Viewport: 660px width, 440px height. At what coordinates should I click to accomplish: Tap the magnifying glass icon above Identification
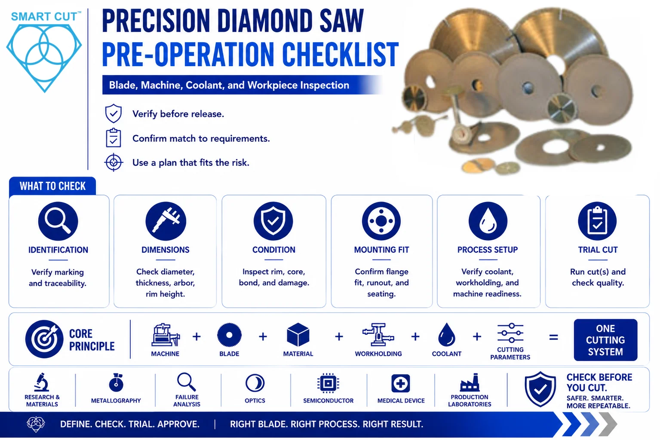click(x=58, y=221)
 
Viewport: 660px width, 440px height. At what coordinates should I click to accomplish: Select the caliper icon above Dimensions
click(x=166, y=221)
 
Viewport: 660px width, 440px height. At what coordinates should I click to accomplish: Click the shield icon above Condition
click(x=273, y=221)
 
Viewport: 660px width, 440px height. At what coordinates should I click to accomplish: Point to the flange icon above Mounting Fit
click(x=381, y=221)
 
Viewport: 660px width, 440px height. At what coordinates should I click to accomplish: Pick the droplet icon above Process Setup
click(x=488, y=221)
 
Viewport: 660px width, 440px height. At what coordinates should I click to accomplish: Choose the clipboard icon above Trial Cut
click(x=597, y=221)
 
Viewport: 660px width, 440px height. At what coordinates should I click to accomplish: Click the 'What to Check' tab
click(x=52, y=186)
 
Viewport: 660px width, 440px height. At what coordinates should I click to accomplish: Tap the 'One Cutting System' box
click(x=605, y=340)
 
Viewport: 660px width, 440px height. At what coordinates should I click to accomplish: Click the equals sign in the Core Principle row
click(x=554, y=337)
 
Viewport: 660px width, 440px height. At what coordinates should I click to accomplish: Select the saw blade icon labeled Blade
click(x=229, y=335)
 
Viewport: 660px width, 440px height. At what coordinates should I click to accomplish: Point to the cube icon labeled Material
click(x=298, y=335)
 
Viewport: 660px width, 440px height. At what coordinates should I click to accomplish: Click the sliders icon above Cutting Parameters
click(x=510, y=333)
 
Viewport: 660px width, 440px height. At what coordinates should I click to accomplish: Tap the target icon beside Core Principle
click(x=44, y=339)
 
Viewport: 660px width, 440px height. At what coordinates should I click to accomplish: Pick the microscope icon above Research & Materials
click(x=42, y=382)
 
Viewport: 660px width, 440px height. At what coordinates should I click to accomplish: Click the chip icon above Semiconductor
click(x=328, y=383)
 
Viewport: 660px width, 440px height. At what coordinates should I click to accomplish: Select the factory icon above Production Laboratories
click(x=470, y=382)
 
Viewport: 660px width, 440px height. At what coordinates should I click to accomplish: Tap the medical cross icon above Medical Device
click(x=401, y=383)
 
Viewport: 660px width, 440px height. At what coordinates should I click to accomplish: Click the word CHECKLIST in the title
click(x=340, y=54)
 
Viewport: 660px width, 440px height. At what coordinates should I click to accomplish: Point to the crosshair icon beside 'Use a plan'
click(x=114, y=162)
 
